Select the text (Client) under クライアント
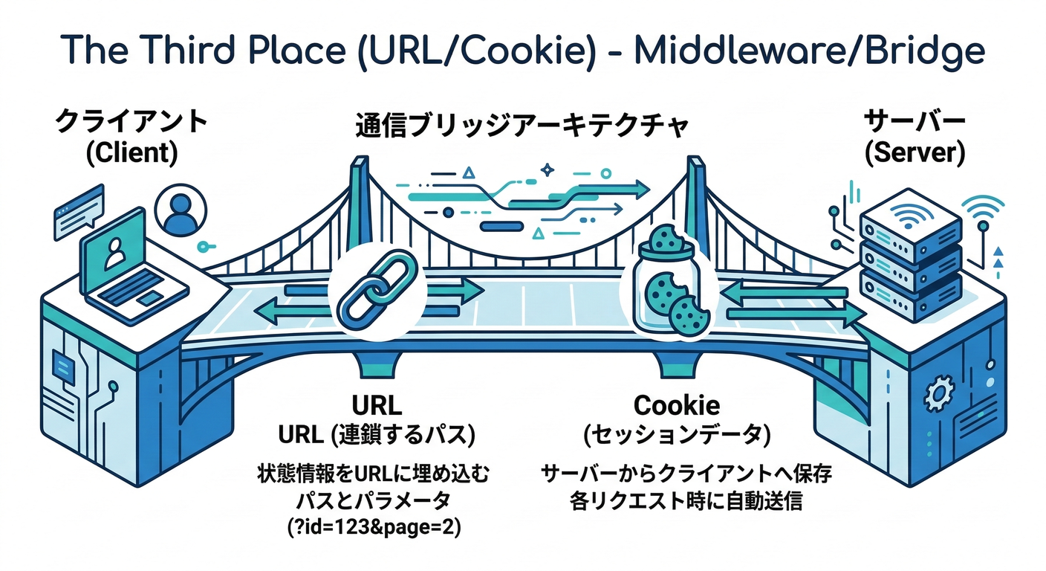[x=132, y=152]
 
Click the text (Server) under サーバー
[x=915, y=152]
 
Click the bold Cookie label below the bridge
[x=676, y=406]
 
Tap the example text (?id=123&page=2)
[x=374, y=528]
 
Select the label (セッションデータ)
[x=676, y=435]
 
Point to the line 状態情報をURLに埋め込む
[x=374, y=473]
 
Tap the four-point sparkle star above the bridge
[x=548, y=170]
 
